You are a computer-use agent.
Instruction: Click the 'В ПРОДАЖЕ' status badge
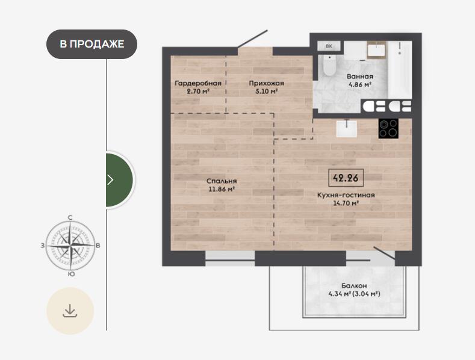[92, 44]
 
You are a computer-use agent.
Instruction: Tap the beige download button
[70, 311]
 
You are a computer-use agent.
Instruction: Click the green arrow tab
[119, 180]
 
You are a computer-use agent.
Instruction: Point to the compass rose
[70, 246]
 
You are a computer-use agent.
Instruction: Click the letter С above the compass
[70, 217]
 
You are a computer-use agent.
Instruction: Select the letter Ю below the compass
[71, 275]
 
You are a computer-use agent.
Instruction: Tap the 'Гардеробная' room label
[198, 83]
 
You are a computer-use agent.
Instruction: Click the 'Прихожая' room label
[266, 83]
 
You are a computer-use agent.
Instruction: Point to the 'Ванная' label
[360, 76]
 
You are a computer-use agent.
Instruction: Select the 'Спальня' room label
[222, 181]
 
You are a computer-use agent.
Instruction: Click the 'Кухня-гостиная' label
[346, 195]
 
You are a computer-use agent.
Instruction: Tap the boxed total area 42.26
[346, 178]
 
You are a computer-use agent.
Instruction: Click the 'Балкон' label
[354, 285]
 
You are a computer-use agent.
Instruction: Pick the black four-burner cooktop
[388, 128]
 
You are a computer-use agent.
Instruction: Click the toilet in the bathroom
[328, 65]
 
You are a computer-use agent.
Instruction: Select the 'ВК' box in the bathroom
[329, 46]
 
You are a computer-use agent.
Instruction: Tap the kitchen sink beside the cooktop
[347, 128]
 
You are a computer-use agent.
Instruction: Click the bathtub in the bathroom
[400, 70]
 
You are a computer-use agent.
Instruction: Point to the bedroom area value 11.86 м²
[222, 190]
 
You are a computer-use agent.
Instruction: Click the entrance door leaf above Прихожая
[252, 39]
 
